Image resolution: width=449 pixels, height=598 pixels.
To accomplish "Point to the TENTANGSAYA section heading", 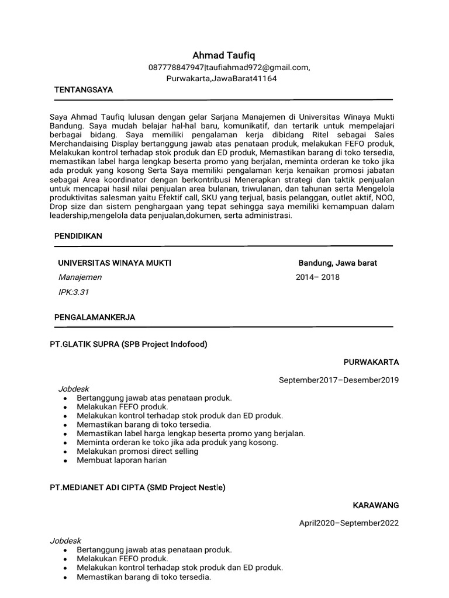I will coord(84,91).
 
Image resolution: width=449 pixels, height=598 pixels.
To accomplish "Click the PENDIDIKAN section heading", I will coord(78,236).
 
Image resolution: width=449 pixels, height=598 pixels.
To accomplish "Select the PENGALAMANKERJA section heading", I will coord(95,317).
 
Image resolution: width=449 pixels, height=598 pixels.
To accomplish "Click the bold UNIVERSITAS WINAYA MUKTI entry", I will coord(115,263).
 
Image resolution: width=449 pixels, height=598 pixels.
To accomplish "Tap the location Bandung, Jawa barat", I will coord(337,263).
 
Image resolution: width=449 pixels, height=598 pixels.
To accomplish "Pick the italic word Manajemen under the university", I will coord(80,277).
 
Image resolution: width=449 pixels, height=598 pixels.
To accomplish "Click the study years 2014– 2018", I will coord(317,277).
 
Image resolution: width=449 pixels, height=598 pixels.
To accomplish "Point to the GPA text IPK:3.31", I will coord(74,291).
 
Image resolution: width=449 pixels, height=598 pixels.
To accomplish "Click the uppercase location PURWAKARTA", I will coord(371,362).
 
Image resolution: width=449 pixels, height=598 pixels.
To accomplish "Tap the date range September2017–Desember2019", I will coord(339,380).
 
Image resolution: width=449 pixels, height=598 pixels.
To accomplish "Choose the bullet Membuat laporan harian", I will coord(122,460).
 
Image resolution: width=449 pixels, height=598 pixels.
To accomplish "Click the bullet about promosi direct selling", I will coord(137,451).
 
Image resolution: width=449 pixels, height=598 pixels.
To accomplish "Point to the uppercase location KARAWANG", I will coord(375,505).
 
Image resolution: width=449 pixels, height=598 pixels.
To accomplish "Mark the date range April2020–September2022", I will coord(348,523).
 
